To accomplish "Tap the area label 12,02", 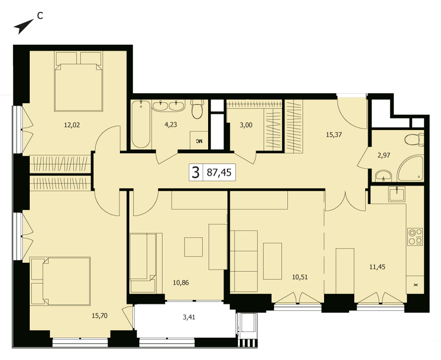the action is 72,125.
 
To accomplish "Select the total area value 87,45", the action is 219,172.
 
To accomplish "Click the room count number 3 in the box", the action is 195,172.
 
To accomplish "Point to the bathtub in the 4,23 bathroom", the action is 141,124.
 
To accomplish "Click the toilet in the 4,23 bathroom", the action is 197,109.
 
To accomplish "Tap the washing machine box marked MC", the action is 199,140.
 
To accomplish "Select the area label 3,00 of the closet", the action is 246,125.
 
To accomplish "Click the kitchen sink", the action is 396,194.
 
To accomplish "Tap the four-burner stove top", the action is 415,237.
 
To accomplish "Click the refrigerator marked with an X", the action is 415,285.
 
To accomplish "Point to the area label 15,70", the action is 100,316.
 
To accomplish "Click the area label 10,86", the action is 181,283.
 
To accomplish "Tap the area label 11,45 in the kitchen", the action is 377,267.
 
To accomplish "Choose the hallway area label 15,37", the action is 334,134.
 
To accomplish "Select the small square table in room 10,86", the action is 194,247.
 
